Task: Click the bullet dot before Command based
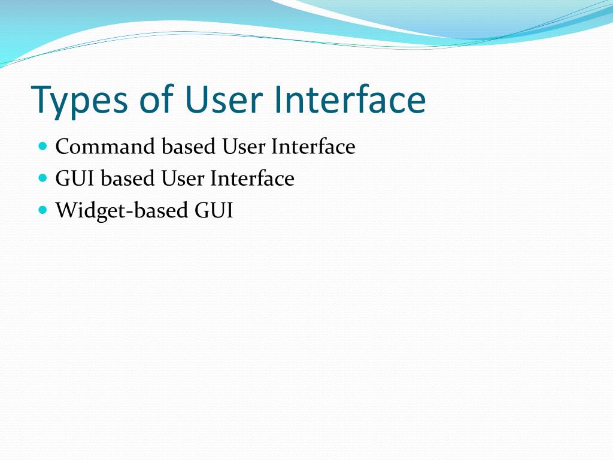[42, 146]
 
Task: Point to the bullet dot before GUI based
[42, 178]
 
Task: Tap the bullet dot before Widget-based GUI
[42, 210]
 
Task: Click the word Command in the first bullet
[106, 147]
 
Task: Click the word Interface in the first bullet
[313, 147]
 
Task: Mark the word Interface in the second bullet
[252, 178]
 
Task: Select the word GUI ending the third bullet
[214, 211]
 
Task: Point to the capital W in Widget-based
[65, 211]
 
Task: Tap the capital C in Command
[62, 147]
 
